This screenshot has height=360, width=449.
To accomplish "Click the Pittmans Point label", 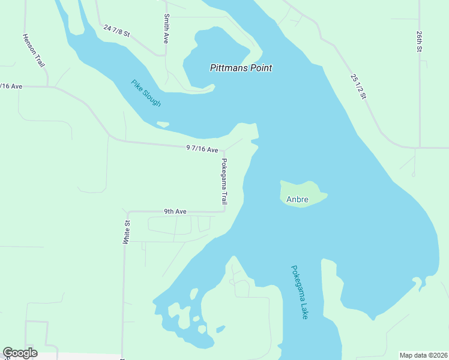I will (x=241, y=68).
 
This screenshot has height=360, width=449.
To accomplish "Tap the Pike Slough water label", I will (x=146, y=93).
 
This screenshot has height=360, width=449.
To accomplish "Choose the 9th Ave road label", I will (x=176, y=211).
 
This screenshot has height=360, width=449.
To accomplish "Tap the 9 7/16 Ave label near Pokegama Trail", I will (x=202, y=148).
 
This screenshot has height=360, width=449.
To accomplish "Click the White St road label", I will (x=127, y=232).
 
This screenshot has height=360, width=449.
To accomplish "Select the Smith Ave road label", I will (x=166, y=29).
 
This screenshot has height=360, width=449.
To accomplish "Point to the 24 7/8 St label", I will (x=117, y=31).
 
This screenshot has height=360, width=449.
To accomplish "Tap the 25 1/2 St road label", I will (x=358, y=86).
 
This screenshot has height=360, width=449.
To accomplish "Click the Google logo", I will (x=20, y=353).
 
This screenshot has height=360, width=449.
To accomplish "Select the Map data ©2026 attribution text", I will (x=424, y=355).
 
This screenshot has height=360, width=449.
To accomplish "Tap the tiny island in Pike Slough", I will (x=162, y=125).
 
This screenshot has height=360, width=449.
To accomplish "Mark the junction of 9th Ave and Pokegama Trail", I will (x=224, y=211).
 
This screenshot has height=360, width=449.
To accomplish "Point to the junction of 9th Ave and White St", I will (x=127, y=212).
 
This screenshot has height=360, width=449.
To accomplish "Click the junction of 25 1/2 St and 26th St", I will (x=419, y=147).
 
